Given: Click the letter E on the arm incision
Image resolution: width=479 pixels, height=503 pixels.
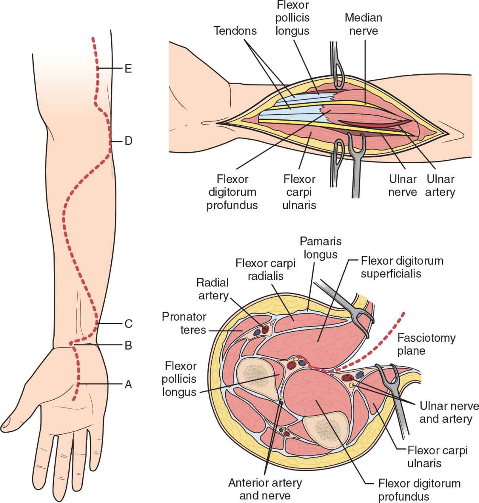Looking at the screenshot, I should click(x=127, y=69).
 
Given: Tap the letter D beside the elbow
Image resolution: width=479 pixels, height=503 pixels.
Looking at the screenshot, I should click(x=128, y=141).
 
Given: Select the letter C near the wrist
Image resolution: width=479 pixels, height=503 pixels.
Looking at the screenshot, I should click(x=128, y=324).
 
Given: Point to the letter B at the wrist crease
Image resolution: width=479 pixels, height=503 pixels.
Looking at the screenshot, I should click(x=128, y=345).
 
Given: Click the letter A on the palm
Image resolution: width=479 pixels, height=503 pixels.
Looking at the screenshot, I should click(x=128, y=384).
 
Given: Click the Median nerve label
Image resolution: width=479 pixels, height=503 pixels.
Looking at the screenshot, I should click(x=363, y=24).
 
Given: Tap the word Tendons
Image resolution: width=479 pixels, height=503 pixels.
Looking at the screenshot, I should click(x=235, y=30).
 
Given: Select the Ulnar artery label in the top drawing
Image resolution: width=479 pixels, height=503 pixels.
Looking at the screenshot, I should click(x=440, y=185).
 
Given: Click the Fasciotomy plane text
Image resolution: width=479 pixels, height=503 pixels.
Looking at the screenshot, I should click(x=426, y=344).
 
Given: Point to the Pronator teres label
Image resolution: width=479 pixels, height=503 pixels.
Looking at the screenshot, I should click(x=184, y=323).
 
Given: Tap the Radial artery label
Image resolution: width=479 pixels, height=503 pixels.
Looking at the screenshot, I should click(x=213, y=289).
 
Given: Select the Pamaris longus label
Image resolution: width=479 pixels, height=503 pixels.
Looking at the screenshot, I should click(x=320, y=247).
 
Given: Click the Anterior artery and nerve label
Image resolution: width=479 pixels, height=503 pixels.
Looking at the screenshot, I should click(x=265, y=489).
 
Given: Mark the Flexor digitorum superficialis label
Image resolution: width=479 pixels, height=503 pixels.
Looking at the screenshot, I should click(x=401, y=267).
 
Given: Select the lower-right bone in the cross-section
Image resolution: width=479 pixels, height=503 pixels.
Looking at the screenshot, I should click(x=325, y=429).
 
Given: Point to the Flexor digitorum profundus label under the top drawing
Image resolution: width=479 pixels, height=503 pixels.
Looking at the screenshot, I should click(x=232, y=192).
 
